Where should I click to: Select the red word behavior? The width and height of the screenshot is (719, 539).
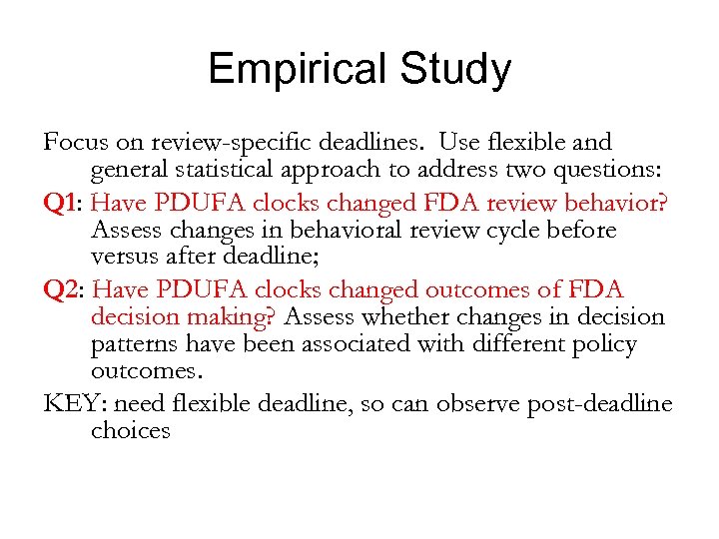[617, 202]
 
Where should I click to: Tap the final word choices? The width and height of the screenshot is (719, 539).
[130, 432]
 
